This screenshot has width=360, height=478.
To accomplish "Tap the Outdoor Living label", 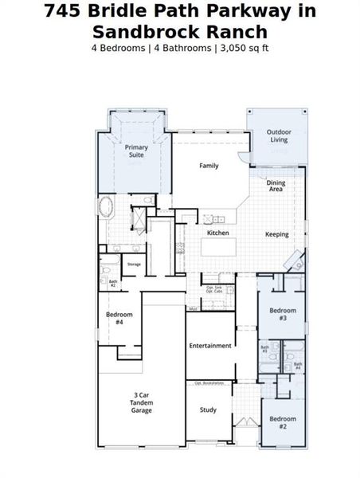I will [x=277, y=135].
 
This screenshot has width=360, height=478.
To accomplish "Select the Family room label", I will [x=209, y=166].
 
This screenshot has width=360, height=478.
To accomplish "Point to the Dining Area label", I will [x=276, y=186].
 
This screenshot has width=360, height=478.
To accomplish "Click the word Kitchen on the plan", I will [x=218, y=233].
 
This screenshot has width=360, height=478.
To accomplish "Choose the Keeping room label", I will [x=276, y=234].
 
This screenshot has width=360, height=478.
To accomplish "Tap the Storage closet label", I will [x=134, y=264].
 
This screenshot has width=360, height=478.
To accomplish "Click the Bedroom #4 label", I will [x=119, y=318].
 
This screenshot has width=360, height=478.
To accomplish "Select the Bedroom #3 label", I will [x=282, y=313].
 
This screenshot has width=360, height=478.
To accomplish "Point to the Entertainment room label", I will [x=210, y=346].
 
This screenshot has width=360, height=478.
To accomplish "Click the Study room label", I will [x=208, y=410].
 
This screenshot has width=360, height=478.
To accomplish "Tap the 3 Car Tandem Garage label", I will [x=142, y=402].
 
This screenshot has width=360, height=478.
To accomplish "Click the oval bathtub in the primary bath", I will [x=106, y=208].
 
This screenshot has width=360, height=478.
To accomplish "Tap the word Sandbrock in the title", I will [x=139, y=32].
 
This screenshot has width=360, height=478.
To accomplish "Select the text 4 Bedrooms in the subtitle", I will [x=119, y=48].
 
